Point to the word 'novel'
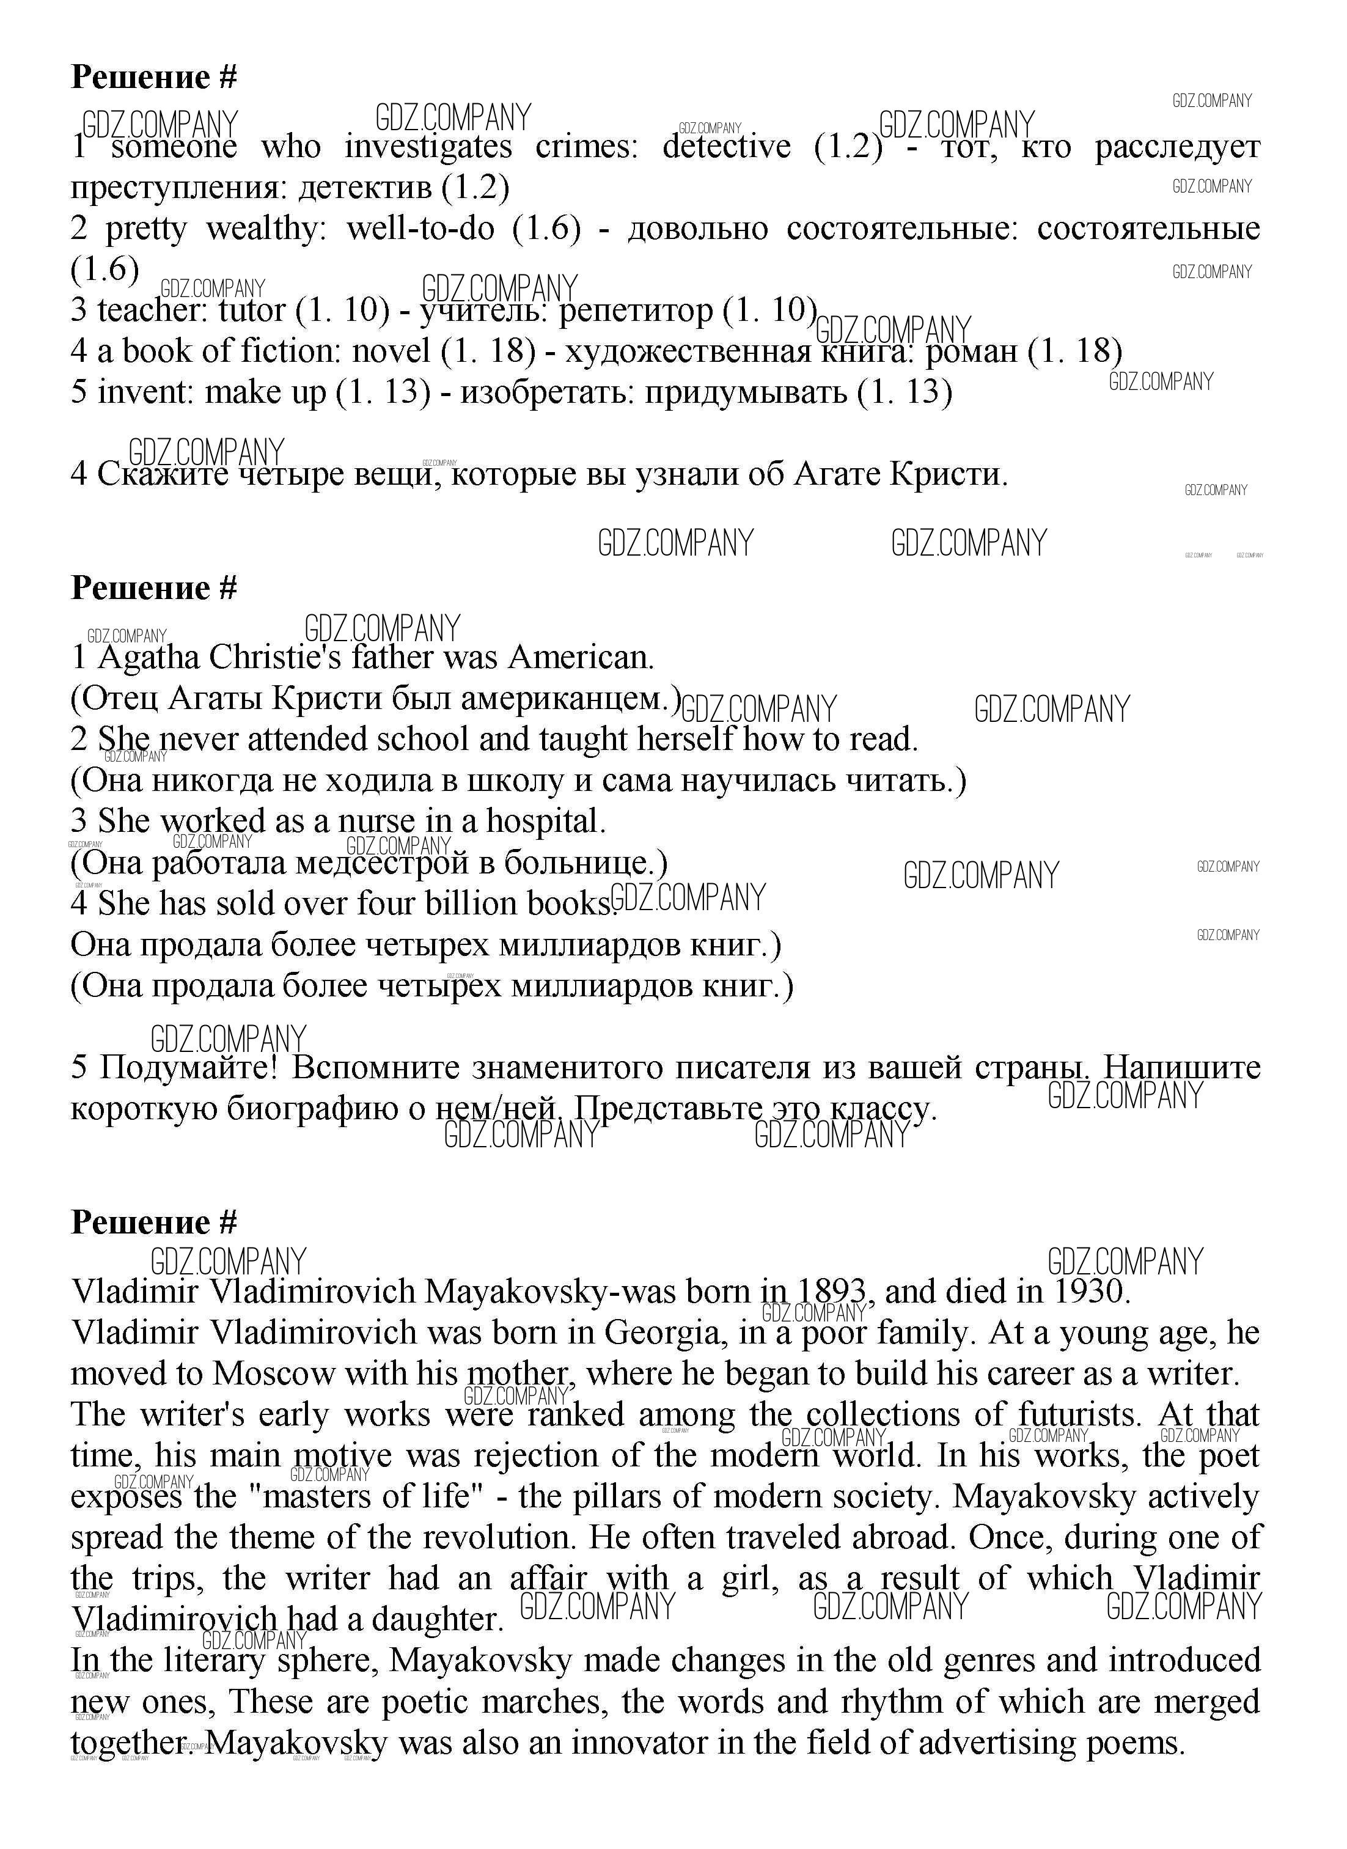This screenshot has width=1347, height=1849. (391, 351)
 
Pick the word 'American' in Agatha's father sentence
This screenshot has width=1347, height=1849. (580, 657)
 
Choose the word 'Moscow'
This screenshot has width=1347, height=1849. (273, 1373)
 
